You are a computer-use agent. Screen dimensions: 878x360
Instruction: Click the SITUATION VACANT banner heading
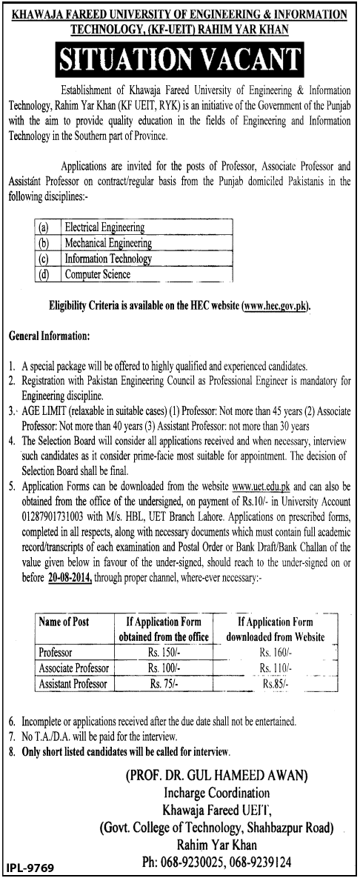tap(180, 56)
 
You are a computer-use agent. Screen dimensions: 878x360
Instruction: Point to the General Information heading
tap(50, 336)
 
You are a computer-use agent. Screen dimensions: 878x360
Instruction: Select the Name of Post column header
tap(64, 622)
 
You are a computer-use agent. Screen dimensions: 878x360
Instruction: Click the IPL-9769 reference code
tap(29, 867)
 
